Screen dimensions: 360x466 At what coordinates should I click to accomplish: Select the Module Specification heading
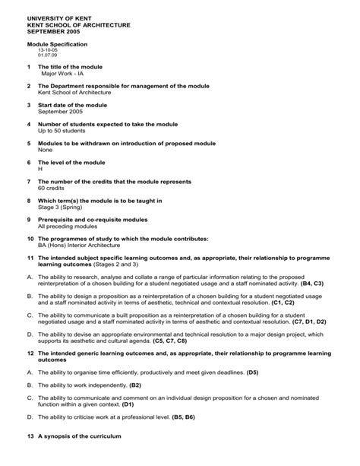pyautogui.click(x=58, y=45)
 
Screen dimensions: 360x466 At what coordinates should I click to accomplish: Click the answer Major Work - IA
pyautogui.click(x=62, y=74)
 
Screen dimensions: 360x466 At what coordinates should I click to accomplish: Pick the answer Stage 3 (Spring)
pyautogui.click(x=62, y=206)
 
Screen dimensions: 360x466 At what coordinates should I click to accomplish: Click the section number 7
pyautogui.click(x=29, y=182)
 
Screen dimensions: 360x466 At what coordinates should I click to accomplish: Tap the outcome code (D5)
pyautogui.click(x=253, y=372)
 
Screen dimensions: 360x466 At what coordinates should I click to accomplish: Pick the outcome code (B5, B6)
pyautogui.click(x=183, y=417)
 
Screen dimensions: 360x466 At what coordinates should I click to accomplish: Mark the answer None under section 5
pyautogui.click(x=45, y=149)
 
